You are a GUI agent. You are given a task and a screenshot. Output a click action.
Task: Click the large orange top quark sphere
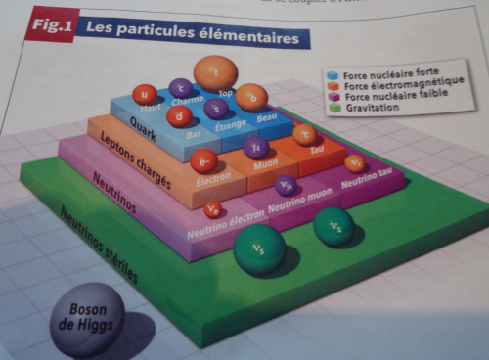[215, 73]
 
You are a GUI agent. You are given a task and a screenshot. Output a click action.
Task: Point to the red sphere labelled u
[145, 94]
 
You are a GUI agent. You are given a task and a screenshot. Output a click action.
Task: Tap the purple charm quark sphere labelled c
[180, 88]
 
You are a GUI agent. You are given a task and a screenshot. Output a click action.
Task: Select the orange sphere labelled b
[251, 97]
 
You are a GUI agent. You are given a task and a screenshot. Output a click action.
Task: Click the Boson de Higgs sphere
[87, 320]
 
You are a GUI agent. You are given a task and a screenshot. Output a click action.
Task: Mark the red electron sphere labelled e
[203, 161]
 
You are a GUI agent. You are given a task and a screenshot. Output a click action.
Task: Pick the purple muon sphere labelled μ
[256, 149]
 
